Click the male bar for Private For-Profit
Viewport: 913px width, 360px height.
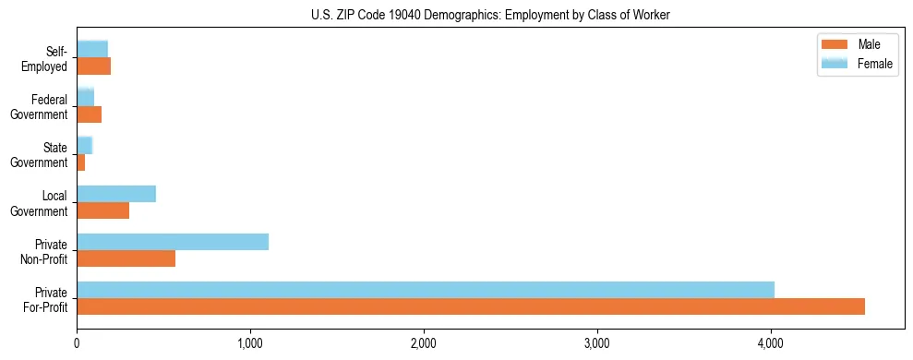[x=471, y=306]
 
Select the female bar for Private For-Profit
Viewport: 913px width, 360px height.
[x=426, y=290]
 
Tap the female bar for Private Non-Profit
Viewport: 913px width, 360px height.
[x=173, y=242]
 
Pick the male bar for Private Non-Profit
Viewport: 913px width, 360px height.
[x=126, y=258]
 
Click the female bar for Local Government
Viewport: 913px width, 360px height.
[x=116, y=194]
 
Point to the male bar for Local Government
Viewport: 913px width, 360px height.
[x=102, y=210]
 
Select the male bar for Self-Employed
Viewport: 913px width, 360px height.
[x=93, y=66]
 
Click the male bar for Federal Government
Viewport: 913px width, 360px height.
[x=89, y=114]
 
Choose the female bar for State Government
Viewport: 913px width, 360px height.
[x=84, y=146]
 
